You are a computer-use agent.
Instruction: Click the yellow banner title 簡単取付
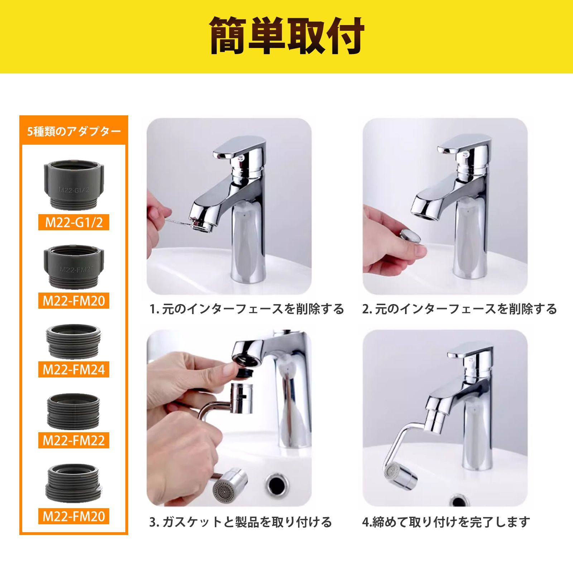point(287,36)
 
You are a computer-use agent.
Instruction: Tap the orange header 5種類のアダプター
point(74,131)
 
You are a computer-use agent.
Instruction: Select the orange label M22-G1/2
point(74,222)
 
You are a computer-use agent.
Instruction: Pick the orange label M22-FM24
point(74,369)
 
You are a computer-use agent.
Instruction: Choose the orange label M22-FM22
point(74,440)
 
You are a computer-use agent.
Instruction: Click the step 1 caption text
point(247,309)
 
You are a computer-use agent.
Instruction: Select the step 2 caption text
point(459,309)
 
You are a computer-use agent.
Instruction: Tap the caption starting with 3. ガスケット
point(241,522)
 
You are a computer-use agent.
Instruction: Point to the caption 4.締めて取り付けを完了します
point(446,522)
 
